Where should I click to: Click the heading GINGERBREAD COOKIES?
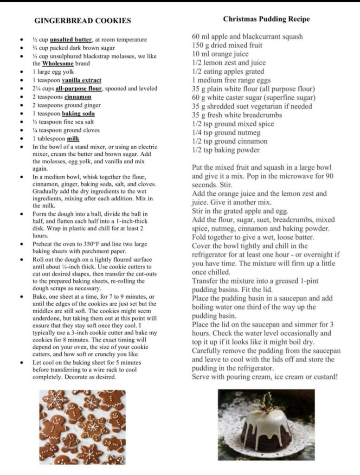(83, 21)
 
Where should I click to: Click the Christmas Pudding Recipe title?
(266, 19)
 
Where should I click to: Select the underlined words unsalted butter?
(71, 39)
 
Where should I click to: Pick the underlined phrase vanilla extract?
(81, 80)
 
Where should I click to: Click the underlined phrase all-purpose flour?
(81, 89)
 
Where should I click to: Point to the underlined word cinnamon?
(77, 97)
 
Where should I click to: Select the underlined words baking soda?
(78, 114)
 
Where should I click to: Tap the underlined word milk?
(73, 139)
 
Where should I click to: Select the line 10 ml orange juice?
(220, 54)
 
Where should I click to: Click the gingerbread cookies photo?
(83, 427)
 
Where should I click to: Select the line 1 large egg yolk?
(53, 72)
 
